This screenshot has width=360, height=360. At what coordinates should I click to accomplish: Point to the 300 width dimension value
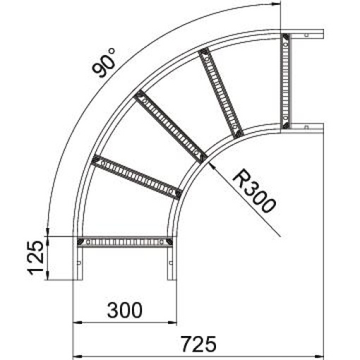point(124,309)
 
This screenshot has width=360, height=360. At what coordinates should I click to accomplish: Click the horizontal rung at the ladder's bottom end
point(126,242)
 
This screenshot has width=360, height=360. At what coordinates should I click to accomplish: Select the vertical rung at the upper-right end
point(285,80)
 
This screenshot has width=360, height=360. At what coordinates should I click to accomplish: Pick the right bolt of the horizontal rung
point(169,242)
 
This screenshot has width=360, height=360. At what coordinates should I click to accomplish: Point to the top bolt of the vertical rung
point(285,37)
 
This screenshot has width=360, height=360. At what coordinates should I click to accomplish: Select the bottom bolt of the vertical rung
point(285,125)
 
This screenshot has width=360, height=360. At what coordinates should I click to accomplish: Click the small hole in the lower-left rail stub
point(78,265)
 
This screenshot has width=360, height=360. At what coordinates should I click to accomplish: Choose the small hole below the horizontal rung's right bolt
point(169,265)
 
